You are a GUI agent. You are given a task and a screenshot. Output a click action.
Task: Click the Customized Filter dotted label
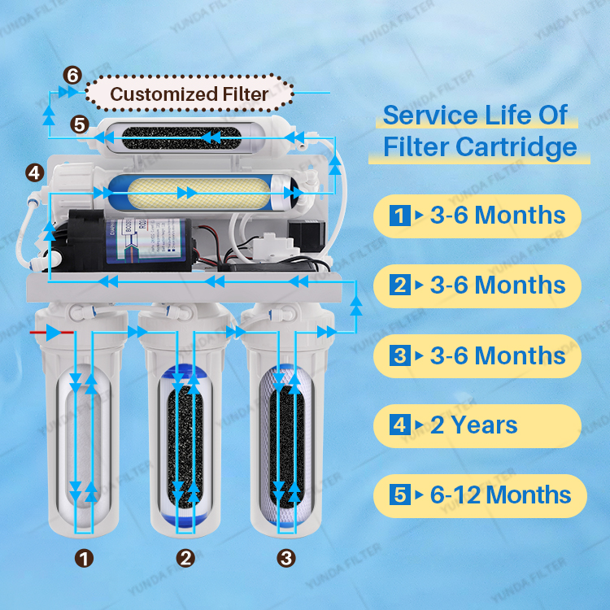pos(189,94)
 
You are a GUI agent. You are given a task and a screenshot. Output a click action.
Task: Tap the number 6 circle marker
pos(72,76)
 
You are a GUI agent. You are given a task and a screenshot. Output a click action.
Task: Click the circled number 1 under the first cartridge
pos(84,558)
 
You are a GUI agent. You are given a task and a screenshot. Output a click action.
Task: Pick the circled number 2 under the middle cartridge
pos(186,558)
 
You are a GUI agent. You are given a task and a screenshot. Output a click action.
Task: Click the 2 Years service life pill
pos(477,425)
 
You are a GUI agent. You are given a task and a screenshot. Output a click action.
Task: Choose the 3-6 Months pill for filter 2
pos(477,285)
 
